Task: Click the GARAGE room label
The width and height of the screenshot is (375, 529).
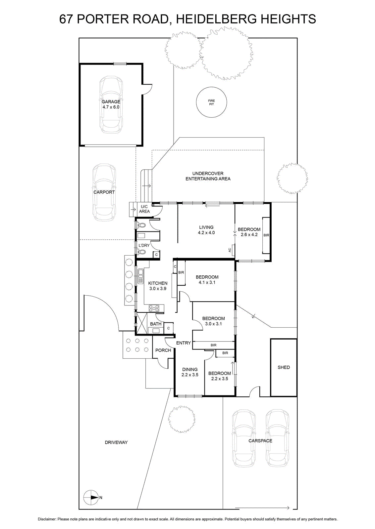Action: pyautogui.click(x=111, y=102)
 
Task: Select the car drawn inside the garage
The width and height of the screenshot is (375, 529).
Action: pyautogui.click(x=111, y=105)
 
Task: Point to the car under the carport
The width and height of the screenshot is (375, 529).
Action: pyautogui.click(x=104, y=192)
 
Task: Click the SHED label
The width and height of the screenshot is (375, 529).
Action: pyautogui.click(x=284, y=367)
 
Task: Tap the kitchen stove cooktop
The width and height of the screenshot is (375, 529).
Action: pyautogui.click(x=154, y=308)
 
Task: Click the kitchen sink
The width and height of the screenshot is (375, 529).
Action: pyautogui.click(x=140, y=276)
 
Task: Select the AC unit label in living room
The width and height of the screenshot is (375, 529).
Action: pyautogui.click(x=230, y=250)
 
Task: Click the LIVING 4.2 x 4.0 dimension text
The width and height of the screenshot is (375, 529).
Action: pyautogui.click(x=206, y=233)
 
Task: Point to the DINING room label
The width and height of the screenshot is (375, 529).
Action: pyautogui.click(x=190, y=369)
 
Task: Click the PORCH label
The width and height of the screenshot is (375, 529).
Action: pyautogui.click(x=163, y=350)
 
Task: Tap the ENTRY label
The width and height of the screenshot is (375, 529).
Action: pyautogui.click(x=184, y=343)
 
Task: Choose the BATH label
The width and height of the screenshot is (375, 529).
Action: pyautogui.click(x=156, y=324)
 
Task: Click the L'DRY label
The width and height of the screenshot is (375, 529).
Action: pyautogui.click(x=144, y=245)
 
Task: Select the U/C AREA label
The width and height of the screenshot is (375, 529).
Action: pyautogui.click(x=144, y=209)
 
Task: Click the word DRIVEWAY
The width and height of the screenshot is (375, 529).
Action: pyautogui.click(x=116, y=442)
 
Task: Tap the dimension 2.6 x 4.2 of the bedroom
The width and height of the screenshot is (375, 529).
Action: pyautogui.click(x=249, y=235)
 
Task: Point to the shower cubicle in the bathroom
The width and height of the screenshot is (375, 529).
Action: pyautogui.click(x=142, y=323)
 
